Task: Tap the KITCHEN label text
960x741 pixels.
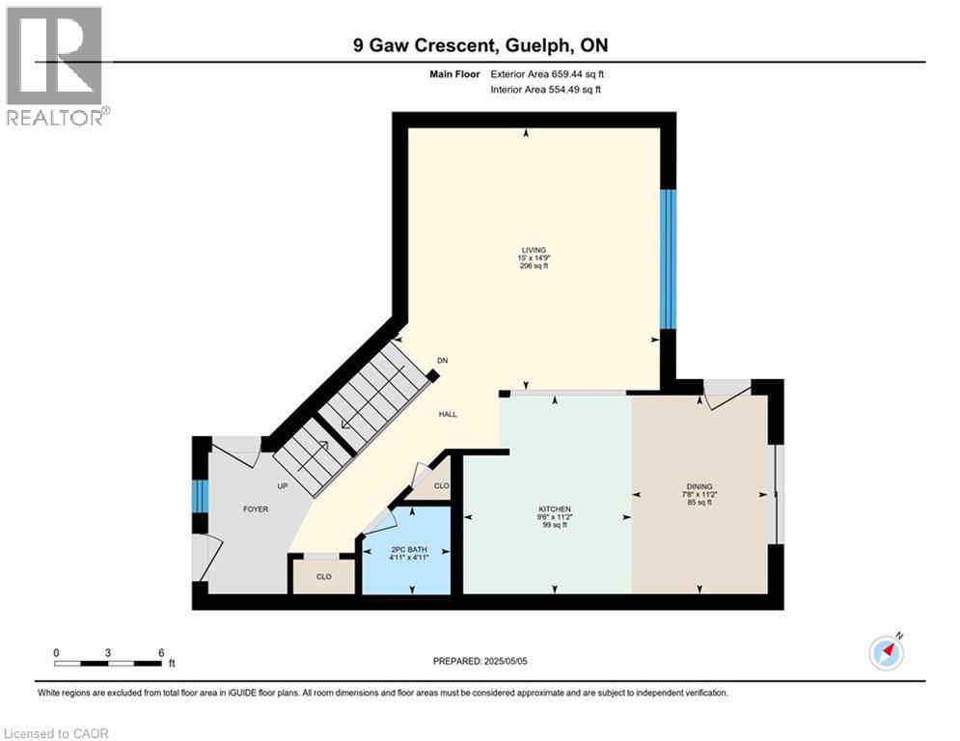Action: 555,509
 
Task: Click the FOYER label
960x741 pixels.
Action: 255,509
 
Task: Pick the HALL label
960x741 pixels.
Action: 448,415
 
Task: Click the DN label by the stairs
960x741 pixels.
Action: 443,360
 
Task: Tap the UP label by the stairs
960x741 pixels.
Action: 283,486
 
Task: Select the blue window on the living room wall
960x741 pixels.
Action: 668,258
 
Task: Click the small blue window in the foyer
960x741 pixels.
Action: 200,496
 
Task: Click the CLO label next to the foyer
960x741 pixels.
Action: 324,577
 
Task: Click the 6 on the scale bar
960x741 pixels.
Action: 160,652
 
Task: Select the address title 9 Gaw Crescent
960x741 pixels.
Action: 480,45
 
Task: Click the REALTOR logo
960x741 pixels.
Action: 56,66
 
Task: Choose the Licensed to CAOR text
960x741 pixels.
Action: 58,733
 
